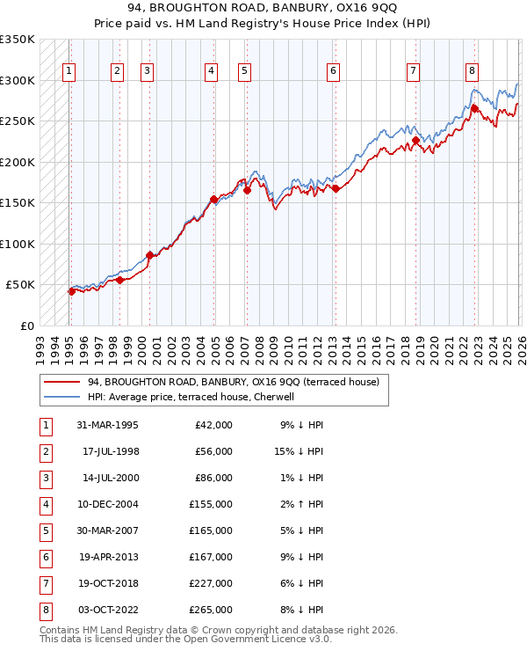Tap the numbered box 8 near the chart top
[x=473, y=71]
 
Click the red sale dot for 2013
[x=336, y=188]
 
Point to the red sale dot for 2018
[x=415, y=140]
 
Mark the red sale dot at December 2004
[x=213, y=199]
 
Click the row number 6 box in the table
[x=44, y=558]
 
